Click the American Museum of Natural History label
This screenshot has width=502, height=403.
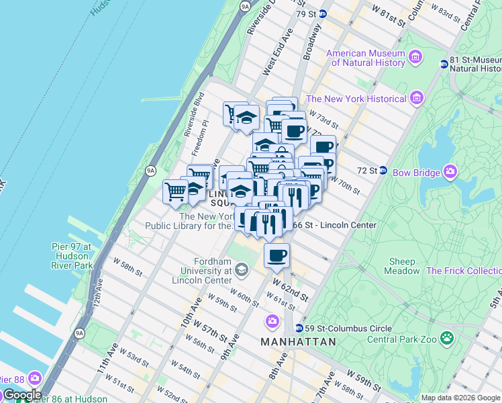point(365,58)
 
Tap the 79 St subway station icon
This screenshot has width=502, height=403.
point(323,13)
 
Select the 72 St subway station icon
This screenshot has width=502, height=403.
point(383,171)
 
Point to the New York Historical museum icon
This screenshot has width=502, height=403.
point(417,99)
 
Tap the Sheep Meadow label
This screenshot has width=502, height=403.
point(401,266)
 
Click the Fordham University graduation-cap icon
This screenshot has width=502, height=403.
point(241,270)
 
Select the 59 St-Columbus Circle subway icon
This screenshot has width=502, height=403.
point(299,328)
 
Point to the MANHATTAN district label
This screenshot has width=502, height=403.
point(298,342)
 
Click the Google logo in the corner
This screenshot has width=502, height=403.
point(21,394)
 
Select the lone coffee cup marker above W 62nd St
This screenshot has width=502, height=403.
point(277,255)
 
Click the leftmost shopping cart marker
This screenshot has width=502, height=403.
point(175,192)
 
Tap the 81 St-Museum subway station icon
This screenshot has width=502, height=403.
point(444,64)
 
